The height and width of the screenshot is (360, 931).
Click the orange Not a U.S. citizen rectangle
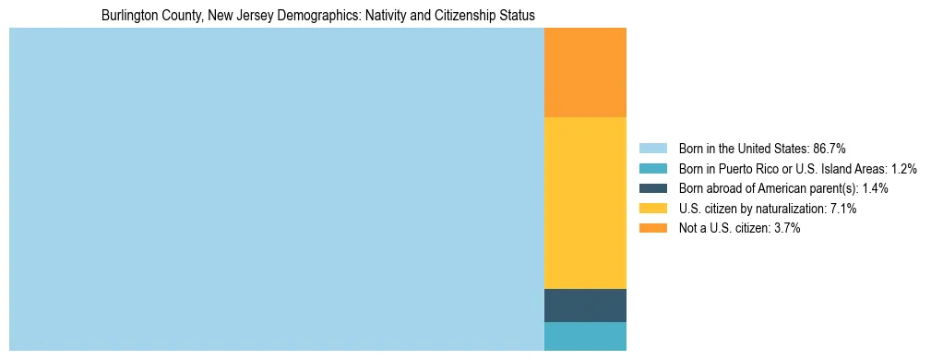coord(585,73)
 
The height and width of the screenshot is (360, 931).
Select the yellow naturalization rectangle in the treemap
coord(585,203)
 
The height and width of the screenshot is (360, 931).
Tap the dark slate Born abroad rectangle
coord(585,305)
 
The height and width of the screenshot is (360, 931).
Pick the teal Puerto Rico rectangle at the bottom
coord(585,336)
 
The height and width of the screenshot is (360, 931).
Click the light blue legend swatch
coord(652,149)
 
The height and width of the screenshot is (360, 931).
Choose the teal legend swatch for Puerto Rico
coord(652,169)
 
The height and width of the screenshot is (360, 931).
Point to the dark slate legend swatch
coord(652,188)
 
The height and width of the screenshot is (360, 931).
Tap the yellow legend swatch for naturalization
coord(652,209)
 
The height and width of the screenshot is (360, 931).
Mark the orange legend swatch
coord(652,229)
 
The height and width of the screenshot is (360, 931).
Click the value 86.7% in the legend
coord(830,149)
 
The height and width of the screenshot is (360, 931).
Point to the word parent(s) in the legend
coord(835,188)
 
